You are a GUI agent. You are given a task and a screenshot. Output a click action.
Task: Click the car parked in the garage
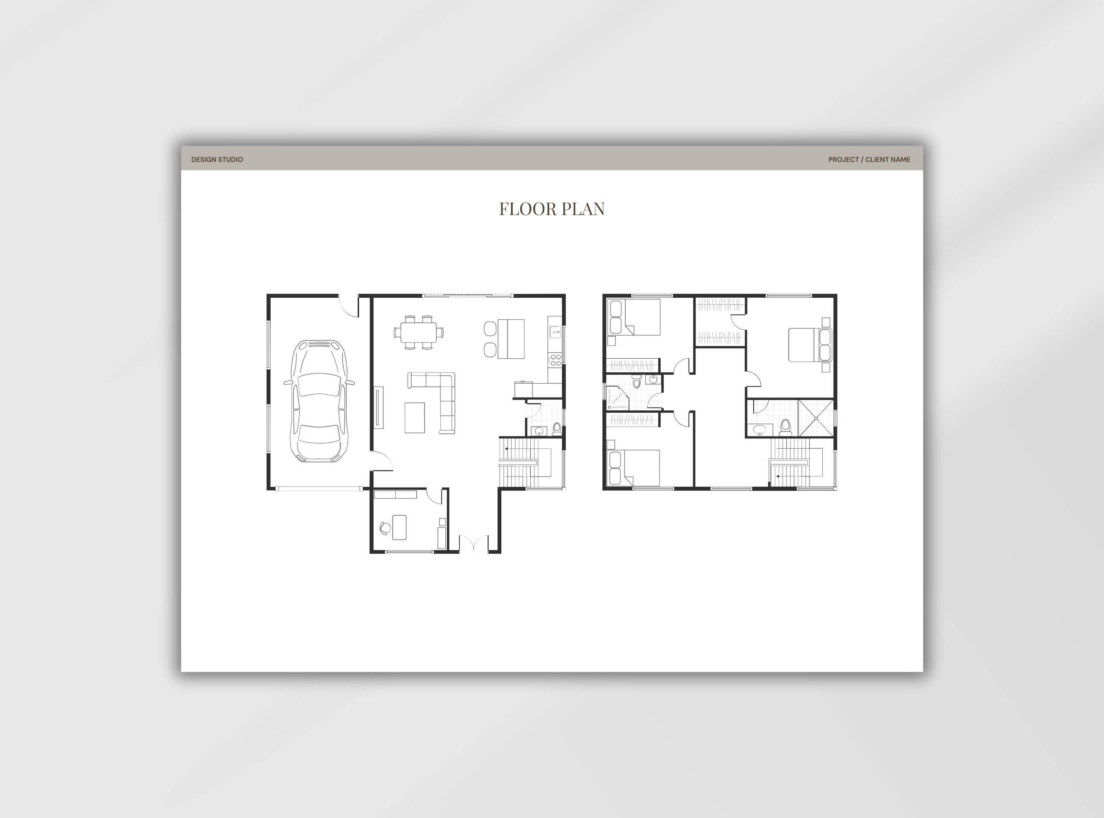pos(319,401)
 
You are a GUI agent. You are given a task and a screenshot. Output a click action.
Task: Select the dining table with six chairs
pos(418,332)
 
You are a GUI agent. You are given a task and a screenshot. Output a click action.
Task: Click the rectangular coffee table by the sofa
pos(414,418)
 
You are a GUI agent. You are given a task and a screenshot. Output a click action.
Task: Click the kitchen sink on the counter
pos(555,330)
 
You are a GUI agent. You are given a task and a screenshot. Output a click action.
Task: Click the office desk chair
pos(384,528)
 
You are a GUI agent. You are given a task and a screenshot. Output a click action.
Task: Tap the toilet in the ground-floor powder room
pos(556,428)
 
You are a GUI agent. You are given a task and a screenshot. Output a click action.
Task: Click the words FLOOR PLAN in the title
pos(552,209)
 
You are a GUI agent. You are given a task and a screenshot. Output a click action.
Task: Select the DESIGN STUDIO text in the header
pos(217,160)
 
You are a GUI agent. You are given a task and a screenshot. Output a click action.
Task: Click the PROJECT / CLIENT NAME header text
pos(869,160)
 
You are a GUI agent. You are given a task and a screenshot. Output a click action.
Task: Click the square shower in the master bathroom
pos(815,418)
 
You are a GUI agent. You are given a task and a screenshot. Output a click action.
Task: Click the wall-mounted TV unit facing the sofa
pos(379,407)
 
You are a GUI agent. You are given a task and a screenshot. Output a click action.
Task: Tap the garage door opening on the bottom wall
pos(319,489)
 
